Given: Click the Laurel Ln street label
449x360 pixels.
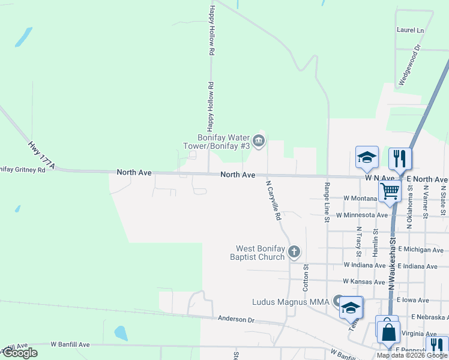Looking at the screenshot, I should [410, 30].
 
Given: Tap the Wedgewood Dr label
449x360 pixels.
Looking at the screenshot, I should [410, 65].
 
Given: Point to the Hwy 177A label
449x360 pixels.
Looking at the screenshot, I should [41, 155].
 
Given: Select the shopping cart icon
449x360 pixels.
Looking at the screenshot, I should [390, 191].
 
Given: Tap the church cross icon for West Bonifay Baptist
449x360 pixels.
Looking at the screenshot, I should [294, 251].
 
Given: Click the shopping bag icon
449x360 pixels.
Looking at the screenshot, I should [388, 331].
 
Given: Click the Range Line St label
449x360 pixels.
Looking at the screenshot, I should [327, 203].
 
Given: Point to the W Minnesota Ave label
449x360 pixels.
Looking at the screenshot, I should [361, 215].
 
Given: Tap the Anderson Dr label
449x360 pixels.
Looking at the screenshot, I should [237, 319].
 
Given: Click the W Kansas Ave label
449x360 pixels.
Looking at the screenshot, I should [364, 281].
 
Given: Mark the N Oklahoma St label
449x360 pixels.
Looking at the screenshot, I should [409, 206].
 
